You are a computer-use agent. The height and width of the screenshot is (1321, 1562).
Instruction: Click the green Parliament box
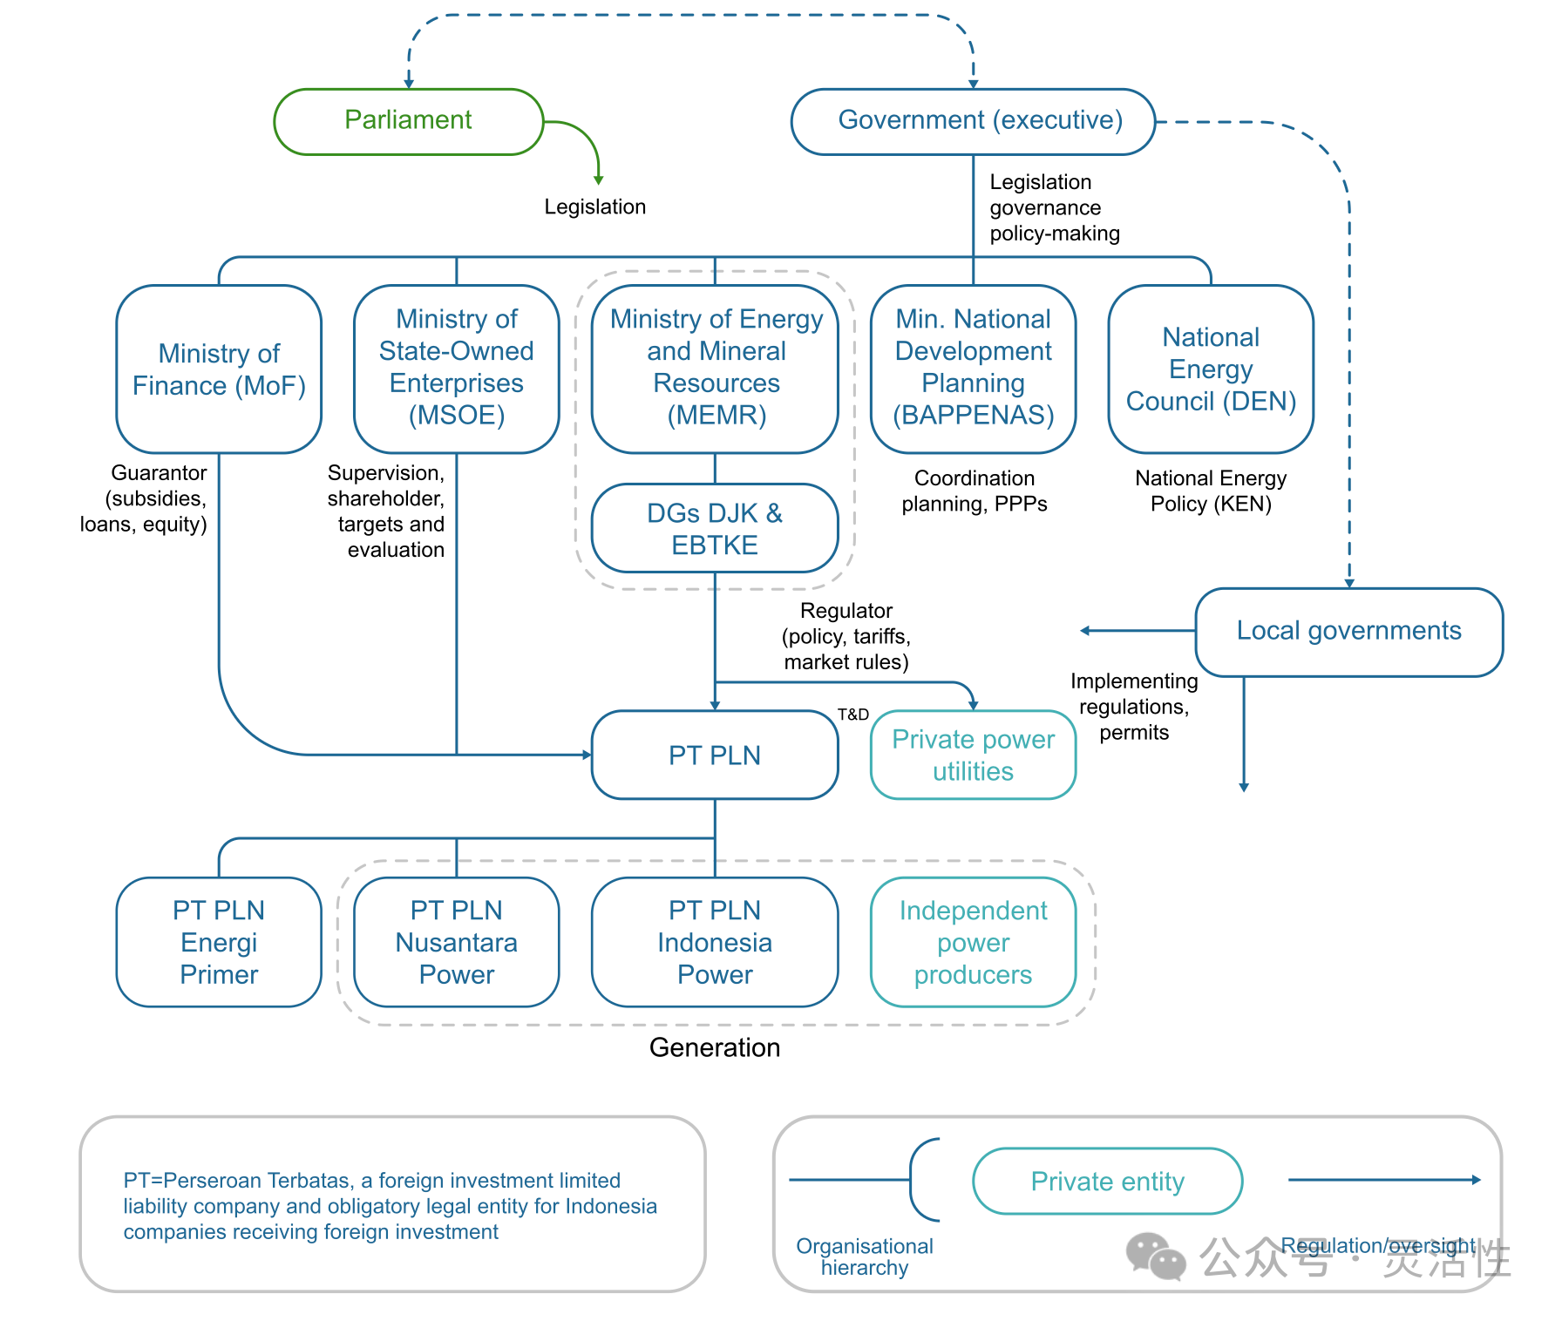coord(408,121)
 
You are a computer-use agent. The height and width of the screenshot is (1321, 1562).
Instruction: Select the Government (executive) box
coord(973,121)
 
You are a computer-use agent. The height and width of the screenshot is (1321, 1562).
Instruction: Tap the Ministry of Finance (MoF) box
coord(219,369)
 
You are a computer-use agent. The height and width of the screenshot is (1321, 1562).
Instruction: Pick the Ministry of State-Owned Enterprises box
coord(456,369)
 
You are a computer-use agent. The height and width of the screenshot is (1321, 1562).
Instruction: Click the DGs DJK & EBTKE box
coord(715,529)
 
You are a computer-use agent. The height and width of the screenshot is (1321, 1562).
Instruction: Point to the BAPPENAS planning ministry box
coord(973,369)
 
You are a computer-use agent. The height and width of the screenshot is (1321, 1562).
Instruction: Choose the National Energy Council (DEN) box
coord(1211,369)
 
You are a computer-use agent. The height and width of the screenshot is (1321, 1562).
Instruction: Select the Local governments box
coord(1348,632)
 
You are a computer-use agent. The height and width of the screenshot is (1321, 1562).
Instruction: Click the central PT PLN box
coord(715,755)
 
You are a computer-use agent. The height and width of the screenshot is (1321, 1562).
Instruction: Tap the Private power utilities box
coord(973,755)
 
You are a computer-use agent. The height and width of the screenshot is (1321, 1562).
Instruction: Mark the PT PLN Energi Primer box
coord(219,943)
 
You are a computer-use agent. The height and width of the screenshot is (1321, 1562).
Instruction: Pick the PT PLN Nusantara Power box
coord(456,943)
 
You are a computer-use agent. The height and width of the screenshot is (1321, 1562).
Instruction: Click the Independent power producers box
coord(973,943)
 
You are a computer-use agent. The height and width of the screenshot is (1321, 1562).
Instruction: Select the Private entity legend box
coord(1107,1182)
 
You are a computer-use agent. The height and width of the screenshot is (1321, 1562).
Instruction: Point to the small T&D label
coord(853,715)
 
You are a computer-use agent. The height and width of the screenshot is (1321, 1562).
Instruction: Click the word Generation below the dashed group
coord(715,1047)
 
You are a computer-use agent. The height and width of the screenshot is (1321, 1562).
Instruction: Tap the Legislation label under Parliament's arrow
coord(595,207)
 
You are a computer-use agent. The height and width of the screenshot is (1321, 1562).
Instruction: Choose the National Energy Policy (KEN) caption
coord(1211,491)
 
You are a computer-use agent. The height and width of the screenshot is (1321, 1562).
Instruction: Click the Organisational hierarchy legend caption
coord(865,1257)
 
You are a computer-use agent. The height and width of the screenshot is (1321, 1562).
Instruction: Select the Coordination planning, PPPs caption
coord(975,491)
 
